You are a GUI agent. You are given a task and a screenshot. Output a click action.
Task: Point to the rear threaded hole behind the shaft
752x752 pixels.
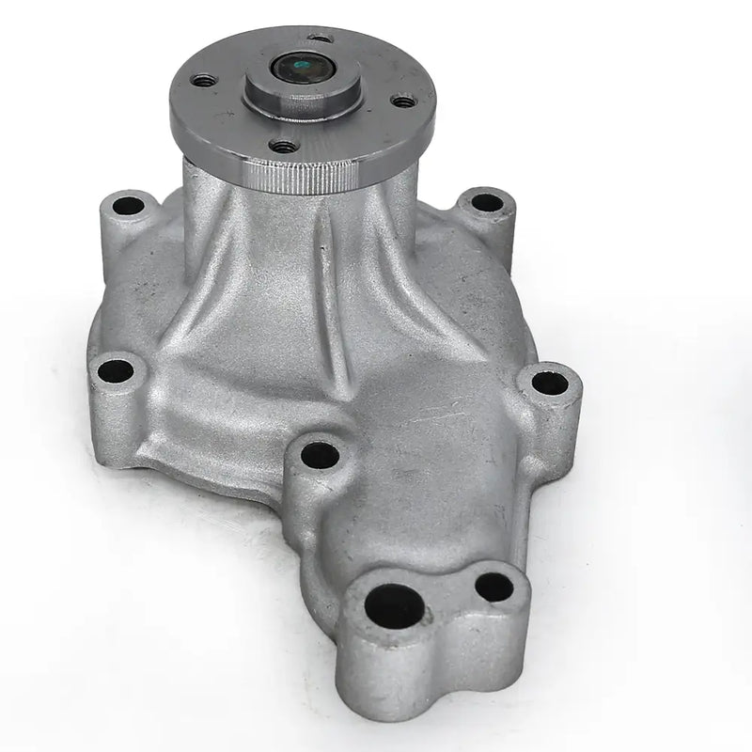coord(321,39)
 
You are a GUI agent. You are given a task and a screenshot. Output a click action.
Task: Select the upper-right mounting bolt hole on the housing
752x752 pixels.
coord(485,201)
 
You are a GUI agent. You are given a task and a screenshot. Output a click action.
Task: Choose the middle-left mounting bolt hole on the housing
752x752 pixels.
coord(116,369)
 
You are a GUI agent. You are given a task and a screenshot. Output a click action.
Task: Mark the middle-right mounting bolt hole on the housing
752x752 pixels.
coord(549,383)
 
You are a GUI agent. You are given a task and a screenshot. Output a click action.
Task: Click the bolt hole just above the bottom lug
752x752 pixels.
coord(320,455)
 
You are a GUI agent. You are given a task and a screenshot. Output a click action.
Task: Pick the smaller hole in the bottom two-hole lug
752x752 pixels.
coord(493,587)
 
